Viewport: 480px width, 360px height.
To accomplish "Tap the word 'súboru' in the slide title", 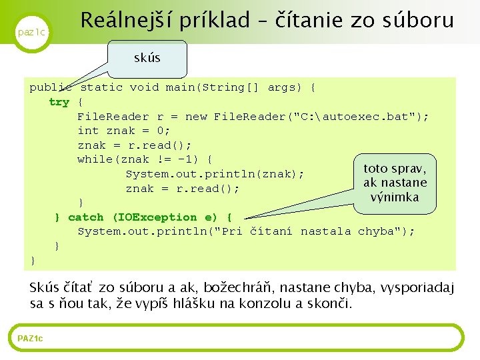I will [x=417, y=20].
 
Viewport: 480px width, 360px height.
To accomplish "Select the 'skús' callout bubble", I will [x=147, y=58].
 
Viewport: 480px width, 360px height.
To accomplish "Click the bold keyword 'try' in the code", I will [x=59, y=102].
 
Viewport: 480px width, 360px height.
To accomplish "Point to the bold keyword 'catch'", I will [x=86, y=217].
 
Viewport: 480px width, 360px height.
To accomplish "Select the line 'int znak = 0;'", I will [x=124, y=131].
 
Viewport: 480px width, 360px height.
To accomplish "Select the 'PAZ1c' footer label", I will [x=30, y=339].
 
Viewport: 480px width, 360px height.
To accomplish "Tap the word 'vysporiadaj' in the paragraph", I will [x=417, y=288].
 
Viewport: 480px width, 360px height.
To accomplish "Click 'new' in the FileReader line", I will [x=196, y=117].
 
